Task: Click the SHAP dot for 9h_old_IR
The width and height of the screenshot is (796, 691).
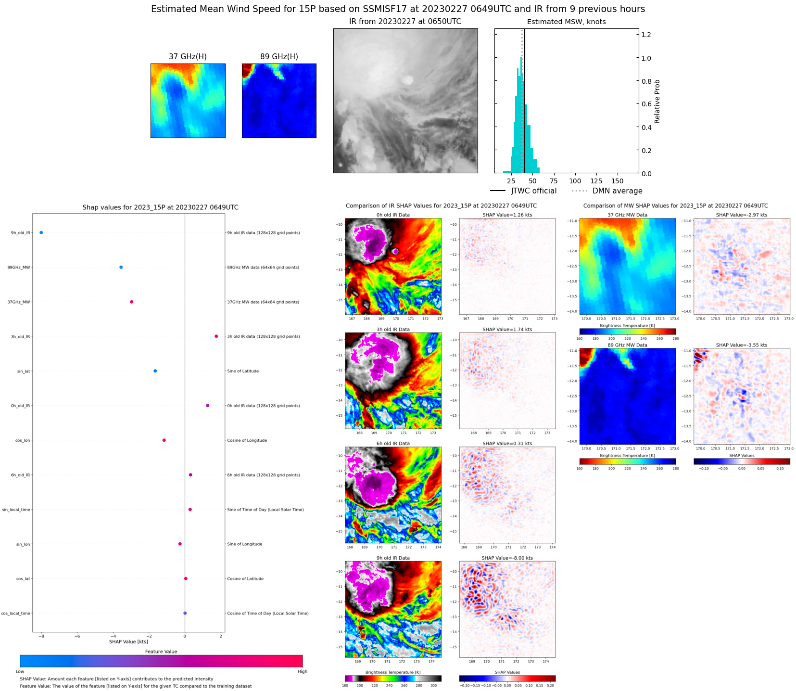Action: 41,232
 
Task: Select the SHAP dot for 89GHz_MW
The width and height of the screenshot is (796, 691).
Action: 121,267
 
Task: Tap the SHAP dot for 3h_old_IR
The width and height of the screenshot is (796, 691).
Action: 216,336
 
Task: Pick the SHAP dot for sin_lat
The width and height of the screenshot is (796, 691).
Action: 155,371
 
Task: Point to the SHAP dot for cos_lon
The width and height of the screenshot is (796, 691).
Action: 164,440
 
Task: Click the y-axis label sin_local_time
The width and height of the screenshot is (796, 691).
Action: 16,510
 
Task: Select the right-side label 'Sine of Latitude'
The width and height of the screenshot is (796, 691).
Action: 243,371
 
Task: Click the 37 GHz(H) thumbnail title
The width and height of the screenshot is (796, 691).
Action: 188,57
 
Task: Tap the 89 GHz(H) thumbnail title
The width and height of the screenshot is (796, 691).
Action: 279,57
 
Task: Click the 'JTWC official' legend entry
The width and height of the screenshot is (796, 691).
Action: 533,191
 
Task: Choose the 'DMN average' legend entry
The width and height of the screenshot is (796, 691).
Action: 617,191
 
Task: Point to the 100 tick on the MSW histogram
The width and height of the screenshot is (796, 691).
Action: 575,181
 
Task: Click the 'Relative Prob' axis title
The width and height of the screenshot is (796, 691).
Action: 657,102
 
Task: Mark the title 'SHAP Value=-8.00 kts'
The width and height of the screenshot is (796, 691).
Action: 507,558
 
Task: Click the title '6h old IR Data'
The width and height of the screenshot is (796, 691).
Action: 393,444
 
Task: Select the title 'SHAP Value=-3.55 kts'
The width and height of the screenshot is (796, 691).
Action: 741,345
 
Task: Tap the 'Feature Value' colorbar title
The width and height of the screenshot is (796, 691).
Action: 161,652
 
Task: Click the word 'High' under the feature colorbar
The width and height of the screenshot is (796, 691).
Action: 302,671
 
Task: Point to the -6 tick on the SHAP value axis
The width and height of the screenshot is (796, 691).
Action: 77,636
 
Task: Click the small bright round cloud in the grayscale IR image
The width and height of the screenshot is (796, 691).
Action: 407,80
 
